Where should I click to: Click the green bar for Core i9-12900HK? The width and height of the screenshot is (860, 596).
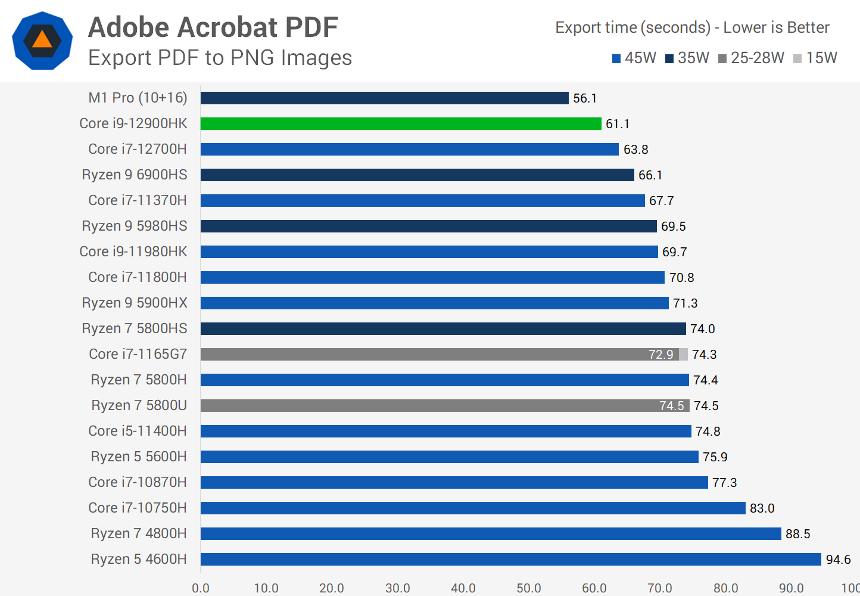click(401, 123)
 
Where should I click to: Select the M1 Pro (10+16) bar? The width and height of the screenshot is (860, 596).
click(384, 98)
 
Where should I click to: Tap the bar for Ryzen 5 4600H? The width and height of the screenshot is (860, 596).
click(510, 559)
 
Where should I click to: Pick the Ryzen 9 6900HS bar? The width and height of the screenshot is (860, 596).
click(417, 175)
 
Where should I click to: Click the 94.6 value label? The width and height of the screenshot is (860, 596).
click(838, 560)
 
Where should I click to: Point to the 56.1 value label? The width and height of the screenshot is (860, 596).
click(585, 98)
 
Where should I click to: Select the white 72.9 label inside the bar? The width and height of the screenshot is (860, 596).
click(660, 355)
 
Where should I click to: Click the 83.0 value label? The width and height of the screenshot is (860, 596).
click(762, 508)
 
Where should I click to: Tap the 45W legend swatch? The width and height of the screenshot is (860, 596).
click(616, 58)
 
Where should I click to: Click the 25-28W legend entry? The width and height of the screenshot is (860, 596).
click(752, 58)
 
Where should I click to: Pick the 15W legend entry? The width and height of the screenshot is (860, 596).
click(816, 58)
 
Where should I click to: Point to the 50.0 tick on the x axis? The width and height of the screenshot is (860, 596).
click(529, 588)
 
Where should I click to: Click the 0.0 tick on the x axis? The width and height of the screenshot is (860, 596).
click(201, 588)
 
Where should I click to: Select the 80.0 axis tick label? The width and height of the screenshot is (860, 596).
click(725, 588)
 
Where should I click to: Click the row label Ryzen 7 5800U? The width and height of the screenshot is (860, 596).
click(139, 405)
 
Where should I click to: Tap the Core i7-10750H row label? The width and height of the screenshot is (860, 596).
click(137, 508)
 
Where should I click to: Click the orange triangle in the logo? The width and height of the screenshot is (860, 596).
click(42, 40)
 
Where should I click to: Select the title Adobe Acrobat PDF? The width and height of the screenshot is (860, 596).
click(213, 27)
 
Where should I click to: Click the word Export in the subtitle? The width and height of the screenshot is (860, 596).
click(120, 58)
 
